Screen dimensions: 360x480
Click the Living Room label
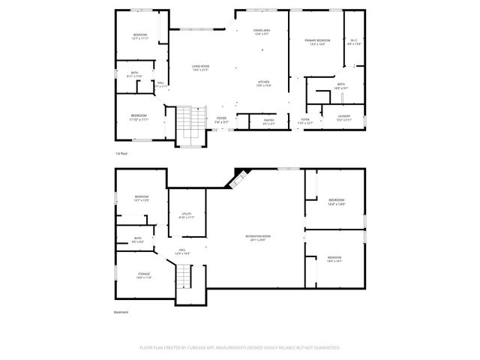199,67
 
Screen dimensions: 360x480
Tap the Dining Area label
262,32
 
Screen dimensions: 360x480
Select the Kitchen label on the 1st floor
264,83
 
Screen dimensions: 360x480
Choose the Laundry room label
344,118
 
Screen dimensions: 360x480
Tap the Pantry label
268,120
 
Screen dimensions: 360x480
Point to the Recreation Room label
257,238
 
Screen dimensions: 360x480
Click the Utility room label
187,215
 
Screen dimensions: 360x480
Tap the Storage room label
143,275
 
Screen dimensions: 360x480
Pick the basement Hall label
182,251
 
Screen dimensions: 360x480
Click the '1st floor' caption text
121,153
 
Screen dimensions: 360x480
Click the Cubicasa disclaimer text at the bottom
240,348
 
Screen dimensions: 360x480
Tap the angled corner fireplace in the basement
239,178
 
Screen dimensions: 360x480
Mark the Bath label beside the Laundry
340,85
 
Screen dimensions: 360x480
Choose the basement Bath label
138,240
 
